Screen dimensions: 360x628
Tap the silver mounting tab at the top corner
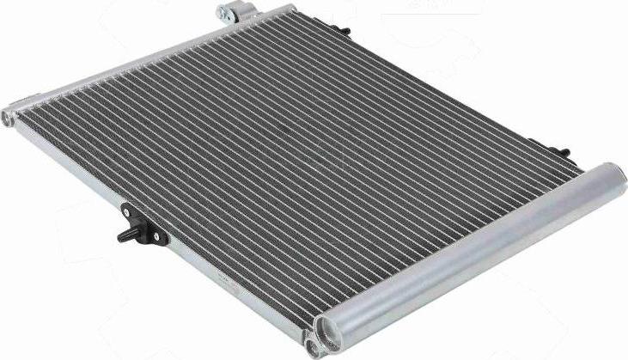coord(229,12)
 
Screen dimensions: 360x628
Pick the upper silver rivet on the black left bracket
coord(128,210)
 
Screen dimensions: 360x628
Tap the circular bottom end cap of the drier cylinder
coord(327,331)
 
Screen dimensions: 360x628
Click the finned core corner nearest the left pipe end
coord(34,116)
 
